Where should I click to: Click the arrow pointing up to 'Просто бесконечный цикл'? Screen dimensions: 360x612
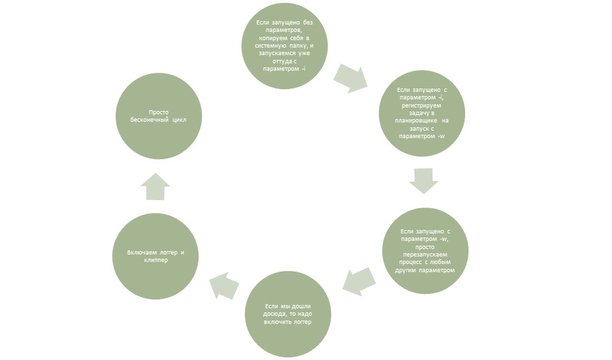coord(157,186)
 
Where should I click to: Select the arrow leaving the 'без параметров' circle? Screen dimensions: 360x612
coord(351,78)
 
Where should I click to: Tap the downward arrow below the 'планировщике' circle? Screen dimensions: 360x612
coord(423,180)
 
